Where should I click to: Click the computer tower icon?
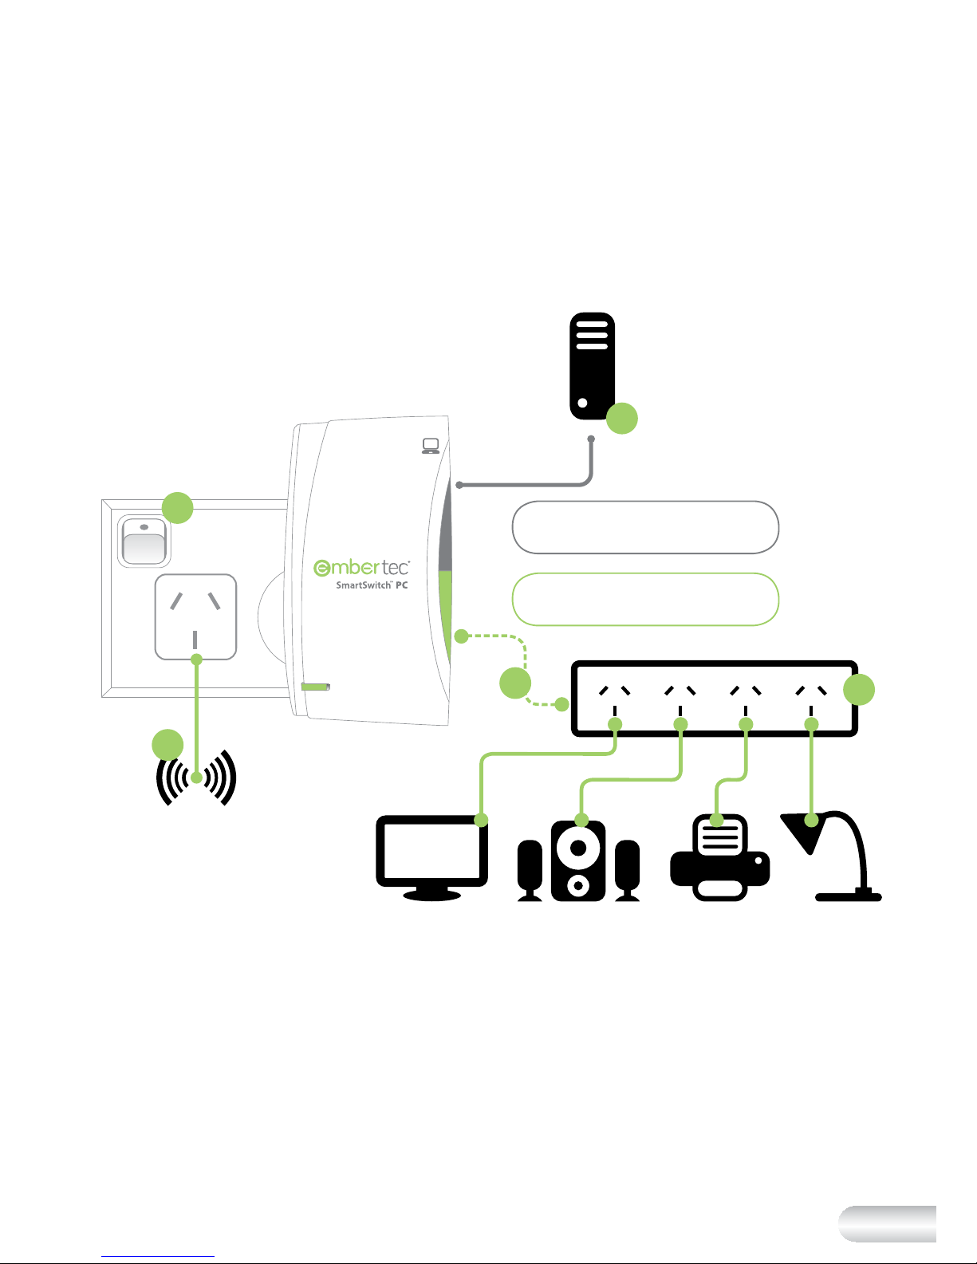pyautogui.click(x=592, y=366)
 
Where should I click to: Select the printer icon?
pyautogui.click(x=720, y=858)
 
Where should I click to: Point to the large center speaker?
pyautogui.click(x=579, y=860)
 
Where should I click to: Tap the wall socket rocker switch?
pyautogui.click(x=144, y=541)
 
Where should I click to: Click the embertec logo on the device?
pyautogui.click(x=361, y=567)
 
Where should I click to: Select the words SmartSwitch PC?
pyautogui.click(x=372, y=585)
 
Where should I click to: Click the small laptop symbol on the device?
pyautogui.click(x=431, y=446)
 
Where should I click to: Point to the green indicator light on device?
pyautogui.click(x=315, y=687)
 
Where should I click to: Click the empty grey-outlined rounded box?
pyautogui.click(x=644, y=527)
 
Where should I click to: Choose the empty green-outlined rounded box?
pyautogui.click(x=644, y=599)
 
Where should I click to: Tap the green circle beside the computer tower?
pyautogui.click(x=622, y=419)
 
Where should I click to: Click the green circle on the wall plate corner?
pyautogui.click(x=178, y=508)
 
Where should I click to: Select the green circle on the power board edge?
pyautogui.click(x=859, y=690)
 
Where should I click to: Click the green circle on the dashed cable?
pyautogui.click(x=515, y=683)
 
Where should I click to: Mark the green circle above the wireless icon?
pyautogui.click(x=167, y=745)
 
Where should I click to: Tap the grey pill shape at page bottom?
pyautogui.click(x=887, y=1223)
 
